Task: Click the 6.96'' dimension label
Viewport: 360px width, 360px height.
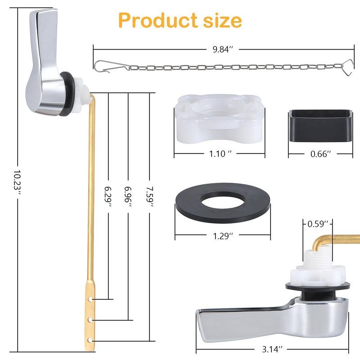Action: point(128,197)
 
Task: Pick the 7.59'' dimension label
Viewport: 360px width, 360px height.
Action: point(150,197)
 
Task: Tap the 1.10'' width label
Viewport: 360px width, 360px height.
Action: point(219,153)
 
